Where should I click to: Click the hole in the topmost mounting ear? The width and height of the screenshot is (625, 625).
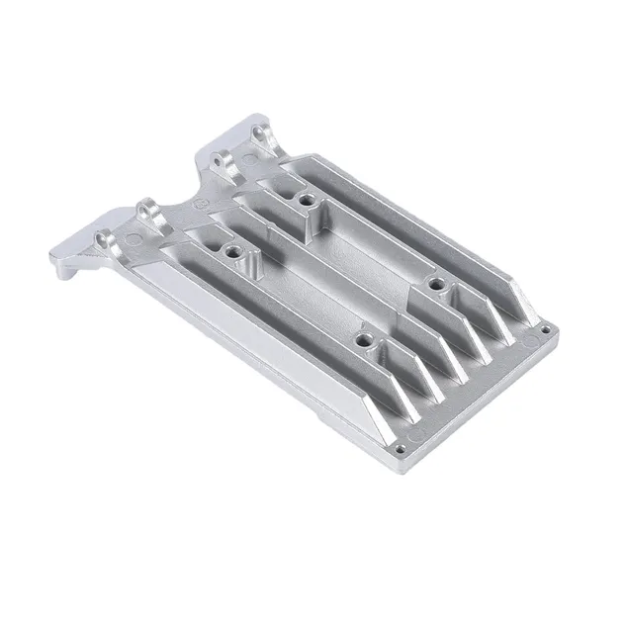263,131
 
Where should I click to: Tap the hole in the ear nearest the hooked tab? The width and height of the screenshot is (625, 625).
106,240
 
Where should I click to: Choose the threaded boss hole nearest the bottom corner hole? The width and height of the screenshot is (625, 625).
365,346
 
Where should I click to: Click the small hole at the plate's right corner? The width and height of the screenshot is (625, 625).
542,323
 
